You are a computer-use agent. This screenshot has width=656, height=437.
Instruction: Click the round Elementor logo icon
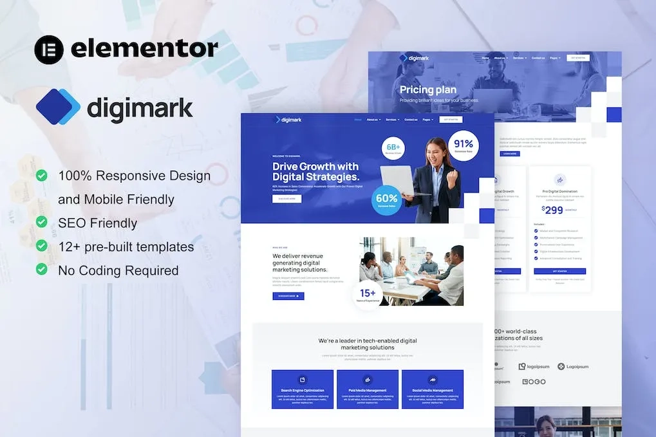49,50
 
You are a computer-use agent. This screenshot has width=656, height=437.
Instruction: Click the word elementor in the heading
144,49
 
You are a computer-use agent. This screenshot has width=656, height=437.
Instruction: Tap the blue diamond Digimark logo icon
58,106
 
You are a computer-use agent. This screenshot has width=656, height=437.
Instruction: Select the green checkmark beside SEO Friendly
42,222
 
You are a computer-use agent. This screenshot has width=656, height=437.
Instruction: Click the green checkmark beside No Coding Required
42,269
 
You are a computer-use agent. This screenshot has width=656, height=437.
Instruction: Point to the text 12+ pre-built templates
126,246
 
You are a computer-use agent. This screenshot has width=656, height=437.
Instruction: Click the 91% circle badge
464,146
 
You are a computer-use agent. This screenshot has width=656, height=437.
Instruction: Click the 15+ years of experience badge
368,295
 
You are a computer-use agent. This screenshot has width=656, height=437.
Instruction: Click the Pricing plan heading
428,90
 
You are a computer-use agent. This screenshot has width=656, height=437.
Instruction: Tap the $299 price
552,209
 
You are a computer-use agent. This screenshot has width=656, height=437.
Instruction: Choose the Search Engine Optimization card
303,389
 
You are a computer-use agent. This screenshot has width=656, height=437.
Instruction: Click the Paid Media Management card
368,389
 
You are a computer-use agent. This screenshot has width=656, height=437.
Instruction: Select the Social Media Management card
432,389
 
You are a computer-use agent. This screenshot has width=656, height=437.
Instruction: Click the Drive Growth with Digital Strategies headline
315,172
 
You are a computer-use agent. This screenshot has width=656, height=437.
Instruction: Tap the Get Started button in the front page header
451,119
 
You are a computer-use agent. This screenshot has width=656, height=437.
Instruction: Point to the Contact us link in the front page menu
411,120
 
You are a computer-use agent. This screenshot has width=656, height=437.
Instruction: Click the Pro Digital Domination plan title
559,191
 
